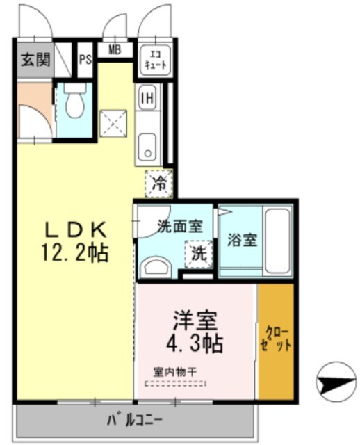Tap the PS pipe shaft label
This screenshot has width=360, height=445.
pos(85,60)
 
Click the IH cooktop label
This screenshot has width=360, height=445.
pos(147,97)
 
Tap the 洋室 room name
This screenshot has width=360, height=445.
pos(196,321)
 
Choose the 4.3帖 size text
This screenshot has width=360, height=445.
pos(197,343)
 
